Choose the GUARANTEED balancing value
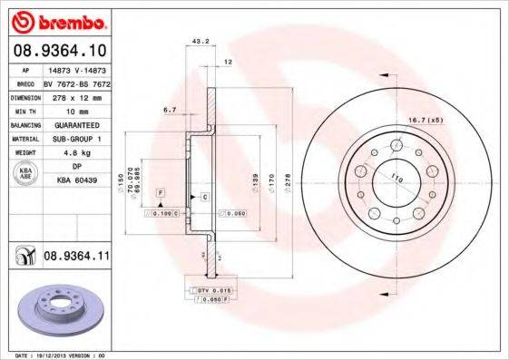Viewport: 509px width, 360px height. click(70, 123)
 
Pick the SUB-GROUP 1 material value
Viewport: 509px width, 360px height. click(71, 138)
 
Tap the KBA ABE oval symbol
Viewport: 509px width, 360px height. click(26, 174)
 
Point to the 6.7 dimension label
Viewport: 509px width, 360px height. click(170, 110)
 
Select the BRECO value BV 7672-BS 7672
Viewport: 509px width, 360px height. click(77, 82)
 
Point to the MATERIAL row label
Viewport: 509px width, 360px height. click(24, 138)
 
